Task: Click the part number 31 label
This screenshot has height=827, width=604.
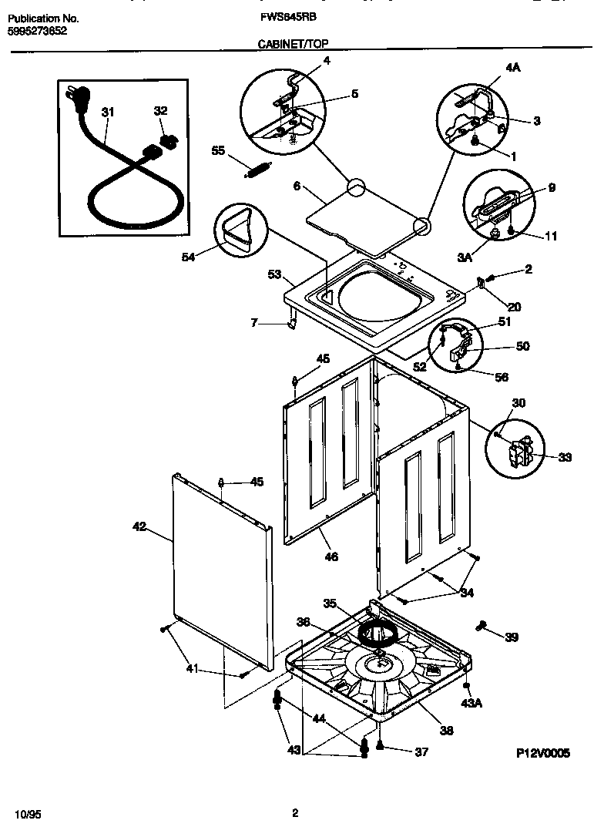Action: pyautogui.click(x=107, y=113)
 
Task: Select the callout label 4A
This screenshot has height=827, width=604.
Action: pyautogui.click(x=513, y=69)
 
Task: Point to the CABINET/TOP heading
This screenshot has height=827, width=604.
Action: pyautogui.click(x=292, y=46)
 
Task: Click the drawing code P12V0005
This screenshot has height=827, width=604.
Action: pyautogui.click(x=542, y=754)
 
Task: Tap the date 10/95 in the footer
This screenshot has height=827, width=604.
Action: pyautogui.click(x=26, y=814)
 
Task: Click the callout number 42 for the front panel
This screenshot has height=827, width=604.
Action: pyautogui.click(x=139, y=527)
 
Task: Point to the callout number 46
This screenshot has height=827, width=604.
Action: pyautogui.click(x=331, y=556)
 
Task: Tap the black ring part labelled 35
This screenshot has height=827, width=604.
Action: pyautogui.click(x=377, y=634)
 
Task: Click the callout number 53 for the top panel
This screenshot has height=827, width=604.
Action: pyautogui.click(x=274, y=274)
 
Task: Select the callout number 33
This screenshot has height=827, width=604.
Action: pyautogui.click(x=565, y=457)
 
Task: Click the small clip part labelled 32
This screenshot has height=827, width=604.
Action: pyautogui.click(x=168, y=140)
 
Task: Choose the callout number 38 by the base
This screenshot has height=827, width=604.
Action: pyautogui.click(x=446, y=731)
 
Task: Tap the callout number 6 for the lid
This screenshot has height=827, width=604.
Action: pyautogui.click(x=297, y=186)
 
